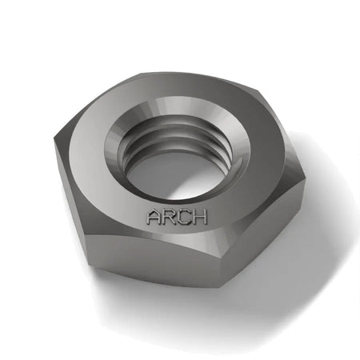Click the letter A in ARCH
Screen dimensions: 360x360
pyautogui.click(x=154, y=217)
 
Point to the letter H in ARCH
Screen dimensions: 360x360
pyautogui.click(x=199, y=216)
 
